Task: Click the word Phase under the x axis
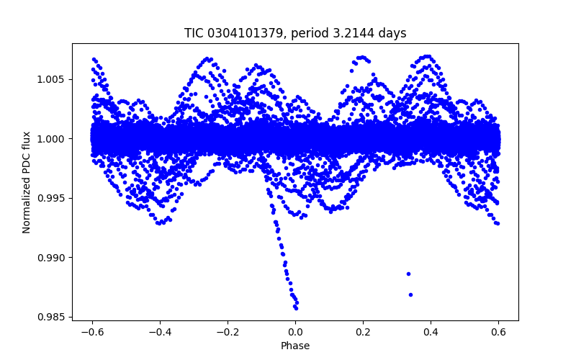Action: tap(295, 346)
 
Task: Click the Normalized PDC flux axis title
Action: tap(27, 182)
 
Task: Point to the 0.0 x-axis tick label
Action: tap(295, 332)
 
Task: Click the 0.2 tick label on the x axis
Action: tap(363, 332)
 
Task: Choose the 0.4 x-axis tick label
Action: tap(431, 332)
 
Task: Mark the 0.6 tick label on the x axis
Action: tap(499, 332)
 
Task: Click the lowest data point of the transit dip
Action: tap(296, 307)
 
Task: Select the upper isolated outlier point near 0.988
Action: tap(408, 274)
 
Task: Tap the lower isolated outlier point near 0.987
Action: tap(410, 294)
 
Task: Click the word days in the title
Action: tap(392, 33)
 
